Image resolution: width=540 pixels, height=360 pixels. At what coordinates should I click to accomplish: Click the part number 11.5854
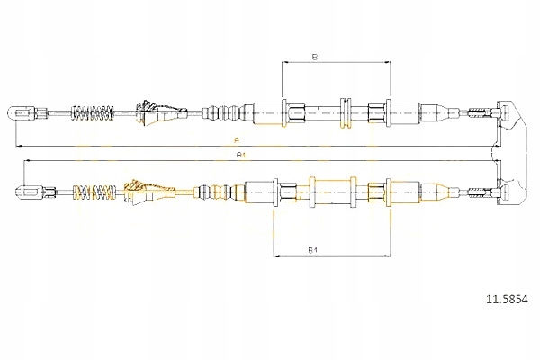(507, 300)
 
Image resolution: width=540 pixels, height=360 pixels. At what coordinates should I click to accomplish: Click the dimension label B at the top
(314, 58)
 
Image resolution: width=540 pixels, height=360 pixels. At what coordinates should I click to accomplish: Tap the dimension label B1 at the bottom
(312, 250)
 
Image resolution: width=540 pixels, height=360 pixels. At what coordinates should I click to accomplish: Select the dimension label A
(236, 140)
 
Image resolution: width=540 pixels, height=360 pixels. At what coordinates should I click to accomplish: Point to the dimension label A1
(240, 155)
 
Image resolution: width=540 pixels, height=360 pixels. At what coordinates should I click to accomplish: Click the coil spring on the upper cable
(92, 112)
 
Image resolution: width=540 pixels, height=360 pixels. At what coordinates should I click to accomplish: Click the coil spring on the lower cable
(94, 193)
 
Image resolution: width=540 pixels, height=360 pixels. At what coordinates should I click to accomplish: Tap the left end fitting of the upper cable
(27, 112)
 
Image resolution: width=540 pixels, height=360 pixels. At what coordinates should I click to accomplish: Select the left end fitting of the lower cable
(36, 192)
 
